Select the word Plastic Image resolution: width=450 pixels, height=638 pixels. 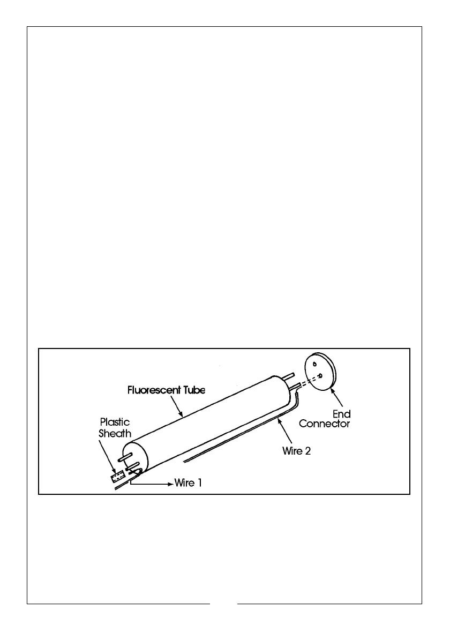(115, 422)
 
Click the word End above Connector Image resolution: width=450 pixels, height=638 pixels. (342, 414)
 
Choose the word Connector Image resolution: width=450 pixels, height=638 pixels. (325, 424)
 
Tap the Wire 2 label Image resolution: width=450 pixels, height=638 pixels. (296, 451)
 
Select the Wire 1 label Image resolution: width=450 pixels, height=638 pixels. (188, 483)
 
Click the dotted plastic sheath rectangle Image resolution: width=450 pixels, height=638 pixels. (117, 477)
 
